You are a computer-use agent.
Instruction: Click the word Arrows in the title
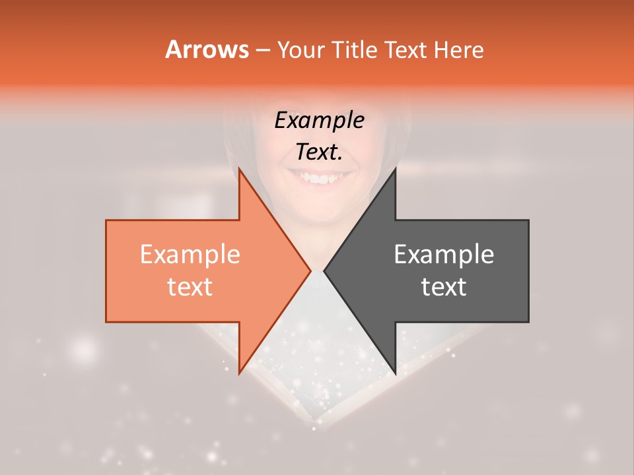[x=207, y=49]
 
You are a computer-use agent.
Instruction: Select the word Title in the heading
[x=354, y=49]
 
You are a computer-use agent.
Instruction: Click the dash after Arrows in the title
[x=262, y=50]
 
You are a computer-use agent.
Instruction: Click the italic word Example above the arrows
[x=320, y=121]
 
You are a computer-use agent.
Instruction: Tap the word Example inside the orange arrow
[x=190, y=255]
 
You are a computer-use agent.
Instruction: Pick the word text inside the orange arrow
[x=190, y=287]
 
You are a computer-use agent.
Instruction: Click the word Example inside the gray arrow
[x=444, y=255]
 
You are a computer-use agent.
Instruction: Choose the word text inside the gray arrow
[x=444, y=287]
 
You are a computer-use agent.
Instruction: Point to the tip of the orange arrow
[x=310, y=270]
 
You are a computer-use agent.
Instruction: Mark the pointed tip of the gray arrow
[x=325, y=270]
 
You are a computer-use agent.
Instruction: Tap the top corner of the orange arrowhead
[x=240, y=169]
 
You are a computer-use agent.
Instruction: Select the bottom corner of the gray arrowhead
[x=395, y=373]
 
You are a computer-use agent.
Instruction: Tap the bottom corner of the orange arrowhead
[x=240, y=373]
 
